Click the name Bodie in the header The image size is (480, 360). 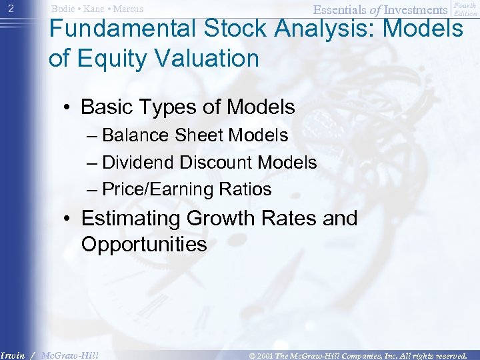(x=64, y=9)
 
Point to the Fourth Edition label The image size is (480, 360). (x=465, y=9)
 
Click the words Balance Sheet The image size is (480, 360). (x=164, y=135)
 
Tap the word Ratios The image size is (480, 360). (x=247, y=189)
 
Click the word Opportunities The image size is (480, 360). (x=143, y=244)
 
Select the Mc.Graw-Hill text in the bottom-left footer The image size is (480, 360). (x=69, y=355)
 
